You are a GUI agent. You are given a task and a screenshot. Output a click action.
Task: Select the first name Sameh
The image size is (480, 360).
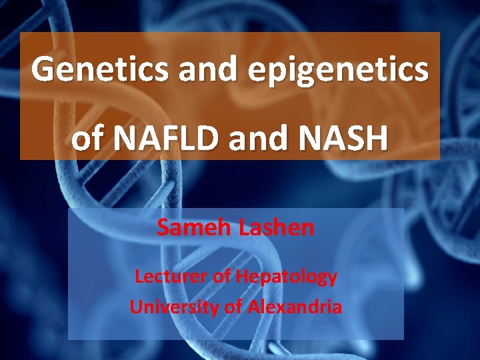tap(195, 228)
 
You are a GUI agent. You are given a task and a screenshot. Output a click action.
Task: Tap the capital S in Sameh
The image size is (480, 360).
tap(164, 228)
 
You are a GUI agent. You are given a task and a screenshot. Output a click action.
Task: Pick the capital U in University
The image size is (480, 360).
tap(135, 307)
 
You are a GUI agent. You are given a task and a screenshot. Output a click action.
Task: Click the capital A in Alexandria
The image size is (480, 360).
tap(253, 307)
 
